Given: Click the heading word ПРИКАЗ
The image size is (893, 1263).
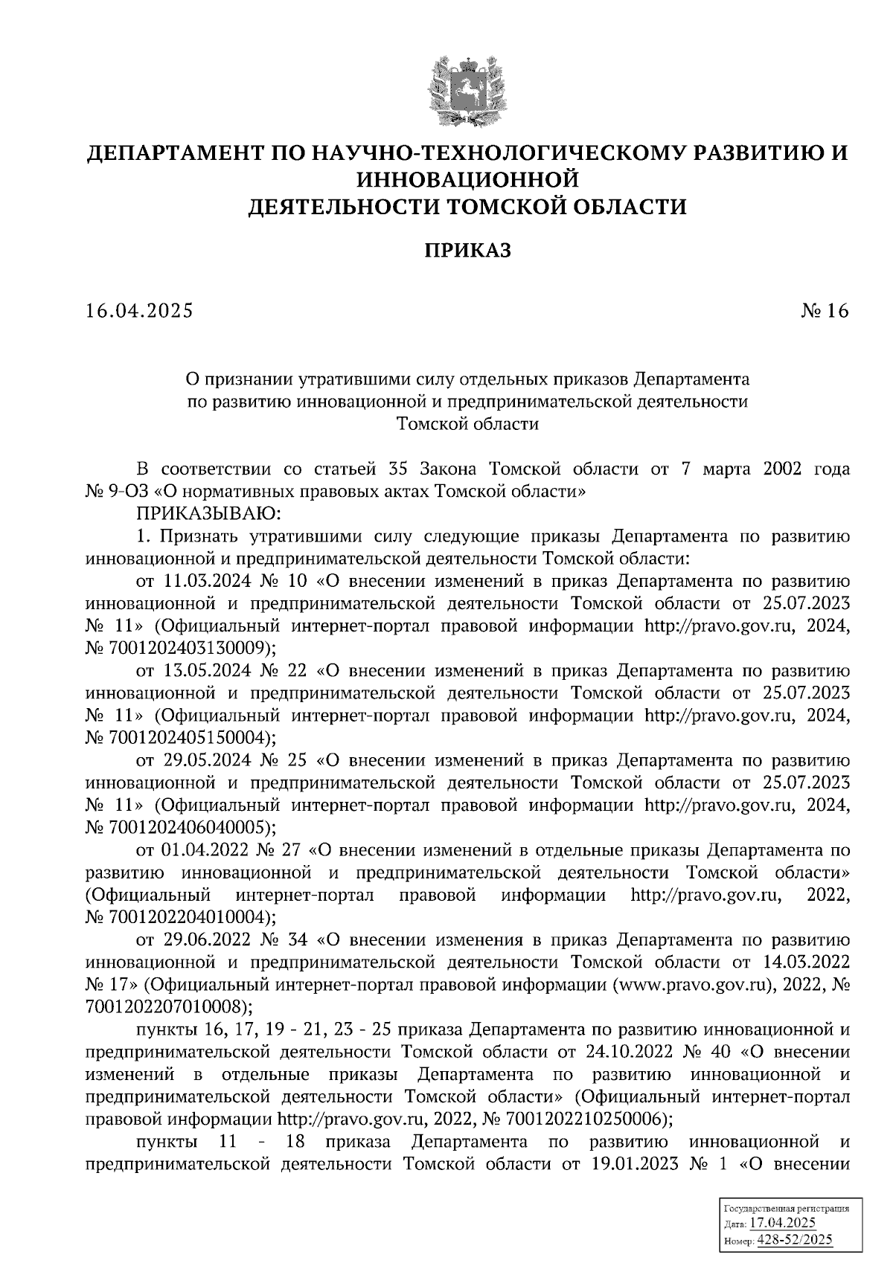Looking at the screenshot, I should point(468,251).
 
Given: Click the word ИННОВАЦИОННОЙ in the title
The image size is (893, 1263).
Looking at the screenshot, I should point(468,179).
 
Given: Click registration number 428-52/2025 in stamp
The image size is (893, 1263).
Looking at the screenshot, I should point(795,1240).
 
